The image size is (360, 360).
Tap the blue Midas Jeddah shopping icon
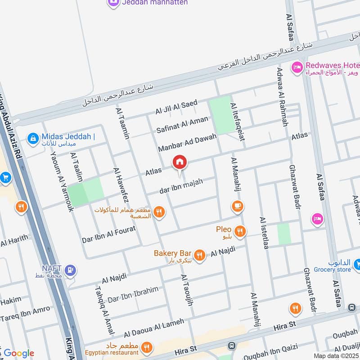pyautogui.click(x=32, y=139)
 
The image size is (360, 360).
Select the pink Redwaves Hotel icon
pyautogui.click(x=297, y=67)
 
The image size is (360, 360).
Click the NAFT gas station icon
pyautogui.click(x=70, y=270)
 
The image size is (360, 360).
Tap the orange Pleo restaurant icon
pyautogui.click(x=240, y=232)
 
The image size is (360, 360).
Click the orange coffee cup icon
pyautogui.click(x=237, y=206)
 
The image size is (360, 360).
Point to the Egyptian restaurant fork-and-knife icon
pyautogui.click(x=146, y=347)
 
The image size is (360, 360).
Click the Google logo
pyautogui.click(x=19, y=353)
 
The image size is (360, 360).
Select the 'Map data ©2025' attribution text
pyautogui.click(x=336, y=355)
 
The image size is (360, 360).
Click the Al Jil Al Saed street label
pyautogui.click(x=176, y=107)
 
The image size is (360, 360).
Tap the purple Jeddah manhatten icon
pyautogui.click(x=113, y=3)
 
